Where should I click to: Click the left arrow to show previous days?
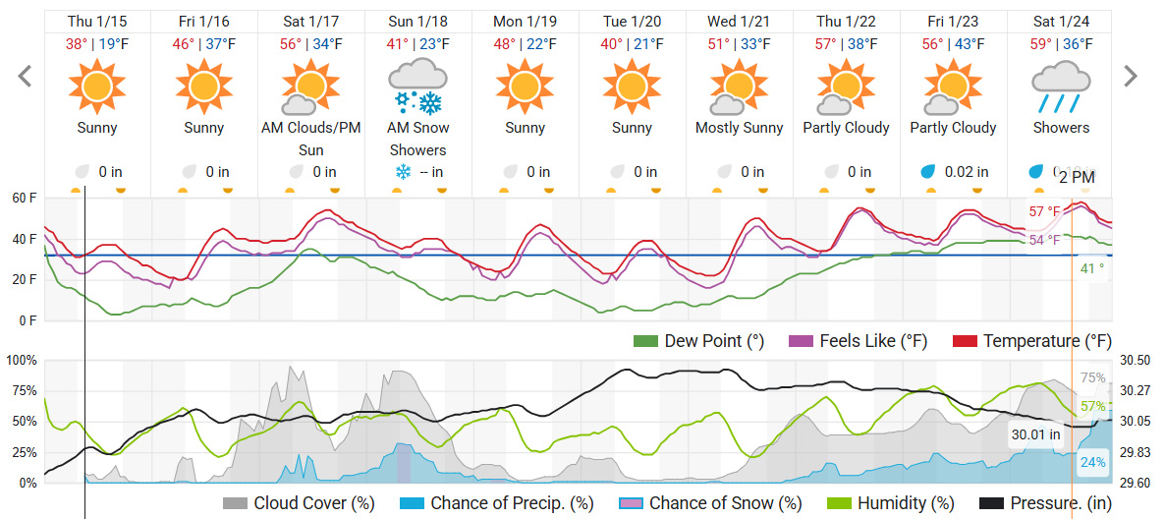(26, 76)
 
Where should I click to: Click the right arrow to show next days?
(1131, 76)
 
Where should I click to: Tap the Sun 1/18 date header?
(417, 22)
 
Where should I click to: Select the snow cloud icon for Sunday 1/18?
(417, 86)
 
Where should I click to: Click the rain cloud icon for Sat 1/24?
(1061, 86)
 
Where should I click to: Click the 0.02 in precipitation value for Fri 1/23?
(965, 172)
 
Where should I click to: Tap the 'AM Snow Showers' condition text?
(417, 139)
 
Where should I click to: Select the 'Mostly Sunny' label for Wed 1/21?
(739, 128)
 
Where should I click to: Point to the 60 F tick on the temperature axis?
(25, 199)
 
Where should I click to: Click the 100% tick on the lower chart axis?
(21, 361)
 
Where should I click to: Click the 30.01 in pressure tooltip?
(1036, 433)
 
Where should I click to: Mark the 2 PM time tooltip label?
(1077, 177)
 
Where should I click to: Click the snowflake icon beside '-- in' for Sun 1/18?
(402, 172)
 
